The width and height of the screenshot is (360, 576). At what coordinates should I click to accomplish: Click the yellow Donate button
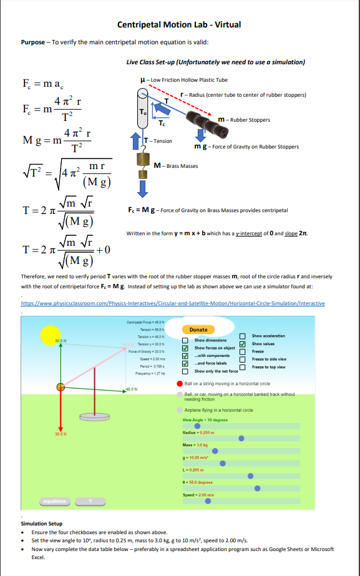point(198,329)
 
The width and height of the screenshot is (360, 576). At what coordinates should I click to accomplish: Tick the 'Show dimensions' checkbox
point(185,341)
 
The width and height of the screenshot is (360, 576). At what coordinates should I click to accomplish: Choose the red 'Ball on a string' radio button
point(180,383)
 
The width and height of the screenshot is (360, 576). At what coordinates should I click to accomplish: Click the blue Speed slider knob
point(208,500)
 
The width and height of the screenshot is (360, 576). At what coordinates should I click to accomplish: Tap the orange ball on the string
point(61,387)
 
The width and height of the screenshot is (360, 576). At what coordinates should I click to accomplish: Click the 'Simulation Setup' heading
point(42,524)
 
